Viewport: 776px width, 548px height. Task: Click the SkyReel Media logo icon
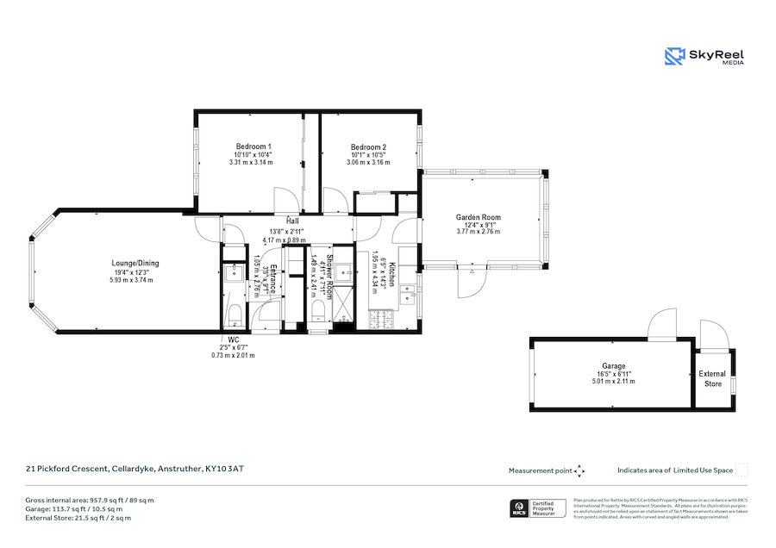click(x=674, y=57)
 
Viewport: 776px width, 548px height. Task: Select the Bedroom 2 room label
click(x=367, y=147)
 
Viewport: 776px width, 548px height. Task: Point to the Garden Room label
click(x=479, y=217)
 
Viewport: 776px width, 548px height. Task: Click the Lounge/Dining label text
click(x=135, y=264)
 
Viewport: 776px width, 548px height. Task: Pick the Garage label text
click(x=614, y=366)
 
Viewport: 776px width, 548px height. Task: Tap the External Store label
click(x=712, y=378)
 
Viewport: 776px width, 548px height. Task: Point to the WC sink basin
click(x=234, y=274)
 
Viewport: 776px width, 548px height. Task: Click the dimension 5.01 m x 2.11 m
click(x=614, y=382)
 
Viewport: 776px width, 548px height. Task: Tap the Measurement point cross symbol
click(x=579, y=470)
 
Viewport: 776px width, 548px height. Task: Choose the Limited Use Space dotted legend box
click(x=742, y=470)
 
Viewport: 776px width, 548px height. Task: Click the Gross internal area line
click(x=89, y=500)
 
